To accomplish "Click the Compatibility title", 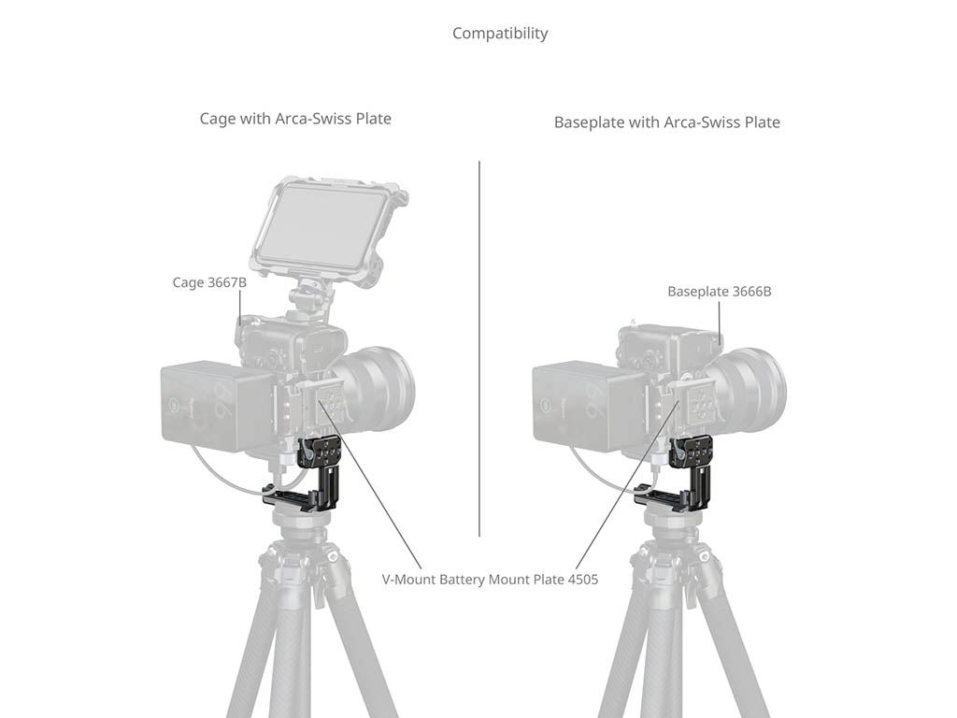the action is [x=500, y=33].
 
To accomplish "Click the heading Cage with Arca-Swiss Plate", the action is [x=295, y=119].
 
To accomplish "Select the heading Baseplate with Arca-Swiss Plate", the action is [x=667, y=122].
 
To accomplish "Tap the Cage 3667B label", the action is [x=209, y=282].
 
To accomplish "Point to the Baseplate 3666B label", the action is [x=720, y=292].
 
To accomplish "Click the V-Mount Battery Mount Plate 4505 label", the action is [x=490, y=580].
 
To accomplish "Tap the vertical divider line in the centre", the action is [x=479, y=349].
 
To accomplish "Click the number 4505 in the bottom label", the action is [x=583, y=580].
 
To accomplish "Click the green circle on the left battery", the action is [x=173, y=404].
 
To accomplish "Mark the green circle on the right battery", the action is [x=545, y=404].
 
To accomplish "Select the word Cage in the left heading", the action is [x=217, y=119].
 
